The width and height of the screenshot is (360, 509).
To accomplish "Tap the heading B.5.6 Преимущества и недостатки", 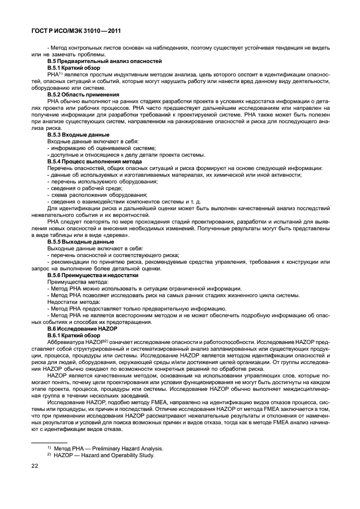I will click(92, 275).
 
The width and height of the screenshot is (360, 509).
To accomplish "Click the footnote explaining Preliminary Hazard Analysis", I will click(105, 448).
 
